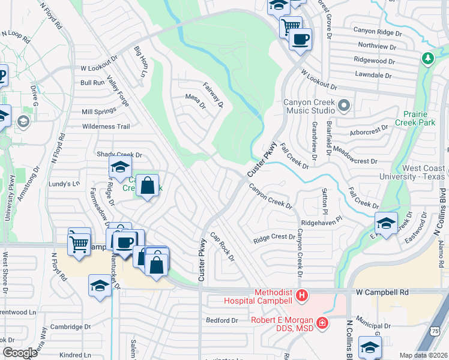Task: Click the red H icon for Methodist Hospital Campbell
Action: (302, 296)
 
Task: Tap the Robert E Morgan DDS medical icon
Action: (323, 324)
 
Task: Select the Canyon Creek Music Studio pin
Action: (344, 106)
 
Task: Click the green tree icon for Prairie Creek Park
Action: (428, 59)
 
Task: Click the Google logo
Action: (19, 353)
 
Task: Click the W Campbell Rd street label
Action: (382, 292)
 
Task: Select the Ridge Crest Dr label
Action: (274, 238)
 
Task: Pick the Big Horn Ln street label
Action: (140, 61)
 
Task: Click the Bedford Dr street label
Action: (223, 320)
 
